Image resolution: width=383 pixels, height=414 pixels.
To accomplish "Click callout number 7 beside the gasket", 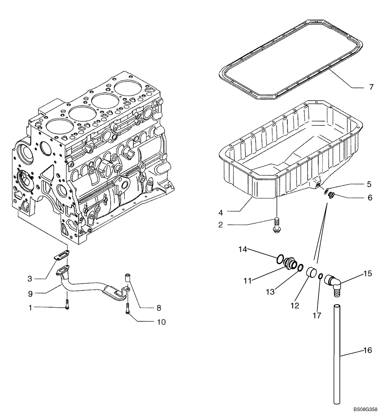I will [359, 87].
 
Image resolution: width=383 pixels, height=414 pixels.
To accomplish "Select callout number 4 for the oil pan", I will [221, 212].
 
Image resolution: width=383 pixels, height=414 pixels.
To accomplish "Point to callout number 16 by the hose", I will [367, 351].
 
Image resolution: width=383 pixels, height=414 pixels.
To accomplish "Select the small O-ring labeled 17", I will [321, 276].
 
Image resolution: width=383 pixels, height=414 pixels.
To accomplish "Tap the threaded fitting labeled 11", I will [290, 264].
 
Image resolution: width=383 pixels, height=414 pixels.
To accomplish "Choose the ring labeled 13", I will [300, 268].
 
